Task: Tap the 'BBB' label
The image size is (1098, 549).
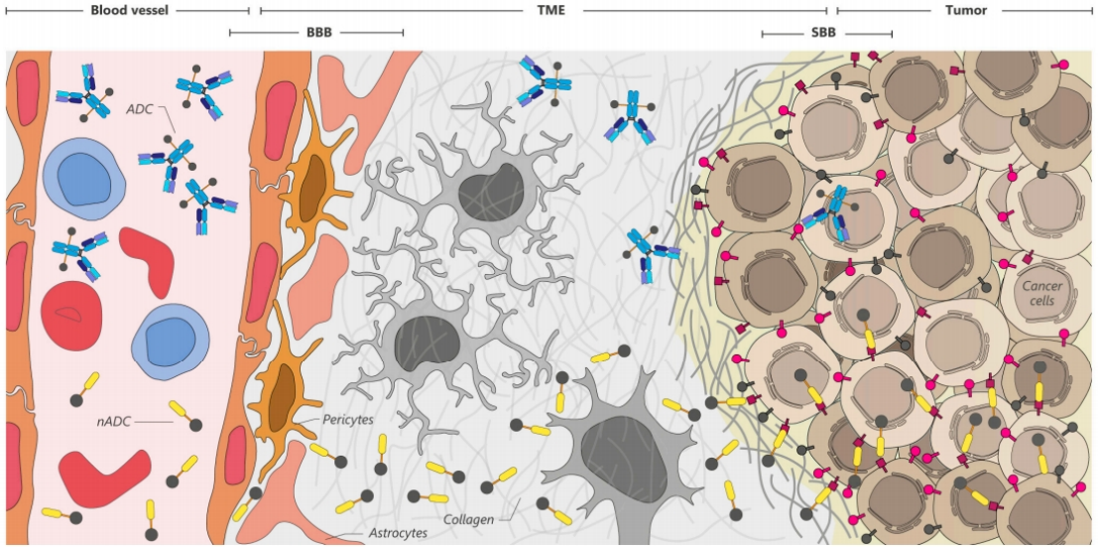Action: [x=318, y=33]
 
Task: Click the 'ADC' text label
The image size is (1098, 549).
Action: [x=139, y=108]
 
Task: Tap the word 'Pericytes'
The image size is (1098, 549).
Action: [x=347, y=420]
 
